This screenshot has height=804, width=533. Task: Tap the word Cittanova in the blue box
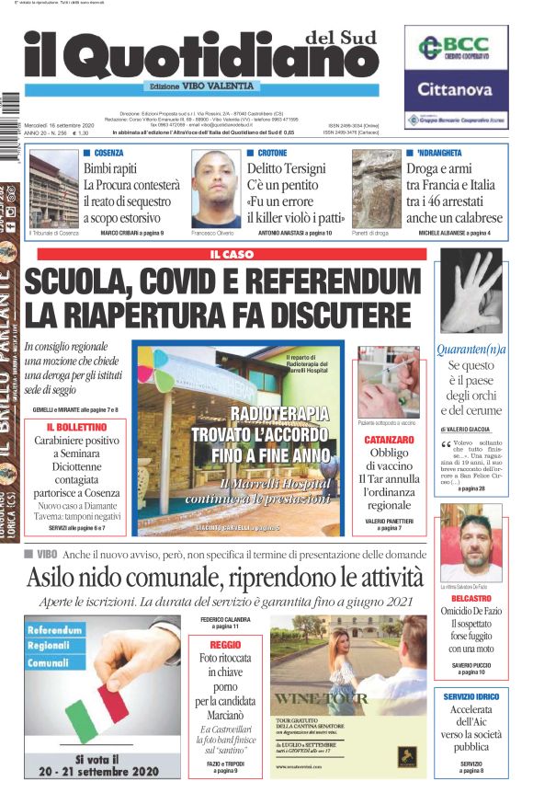click(456, 90)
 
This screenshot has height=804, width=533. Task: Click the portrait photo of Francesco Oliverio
click(216, 188)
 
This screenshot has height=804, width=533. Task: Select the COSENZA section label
click(108, 153)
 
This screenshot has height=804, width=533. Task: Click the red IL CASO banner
click(232, 254)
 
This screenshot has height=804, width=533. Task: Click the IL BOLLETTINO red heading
click(76, 428)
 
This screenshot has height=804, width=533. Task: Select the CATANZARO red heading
click(391, 441)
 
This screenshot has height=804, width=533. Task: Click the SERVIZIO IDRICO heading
click(471, 697)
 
